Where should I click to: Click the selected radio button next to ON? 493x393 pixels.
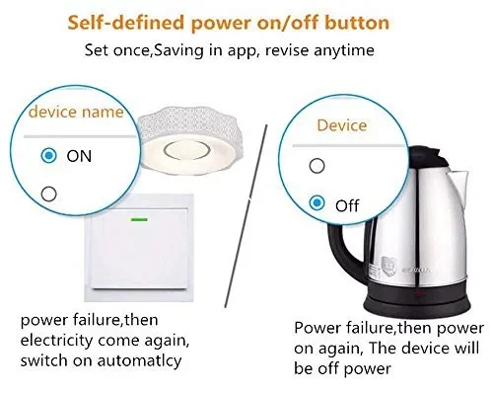click(x=49, y=156)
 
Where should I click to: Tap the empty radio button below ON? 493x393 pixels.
click(x=49, y=194)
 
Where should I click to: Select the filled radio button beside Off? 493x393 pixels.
click(x=317, y=201)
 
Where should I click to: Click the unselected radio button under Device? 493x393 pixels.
click(x=317, y=164)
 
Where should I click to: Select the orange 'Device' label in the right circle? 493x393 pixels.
click(x=342, y=126)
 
